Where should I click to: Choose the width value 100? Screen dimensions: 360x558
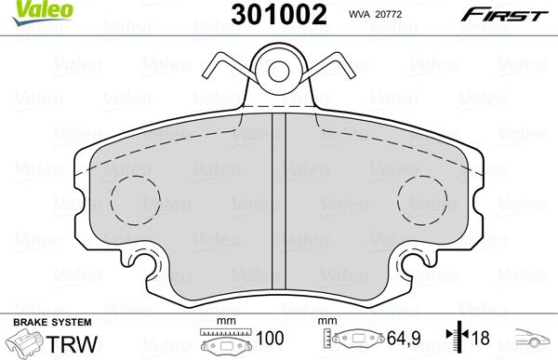[x=271, y=339]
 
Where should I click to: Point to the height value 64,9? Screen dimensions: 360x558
[x=397, y=339]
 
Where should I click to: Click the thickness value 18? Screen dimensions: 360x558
[x=483, y=339]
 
